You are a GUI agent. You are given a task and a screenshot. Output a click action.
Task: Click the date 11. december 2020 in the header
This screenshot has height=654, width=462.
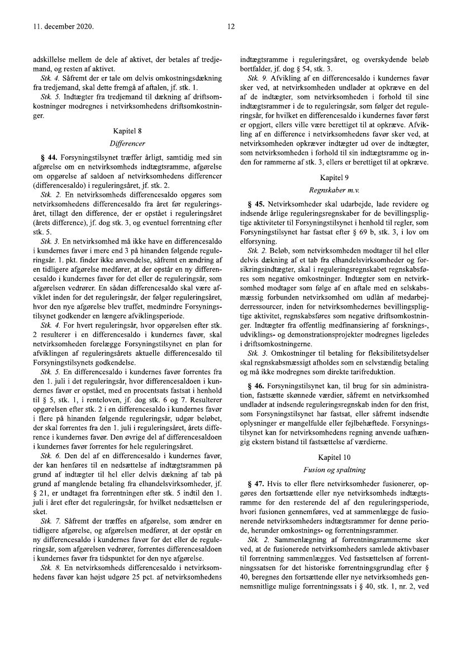pos(55,26)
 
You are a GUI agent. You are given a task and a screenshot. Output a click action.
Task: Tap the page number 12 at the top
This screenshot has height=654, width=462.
pos(231,26)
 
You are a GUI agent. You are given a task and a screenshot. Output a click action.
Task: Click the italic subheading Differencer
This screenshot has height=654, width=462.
pos(128,143)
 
